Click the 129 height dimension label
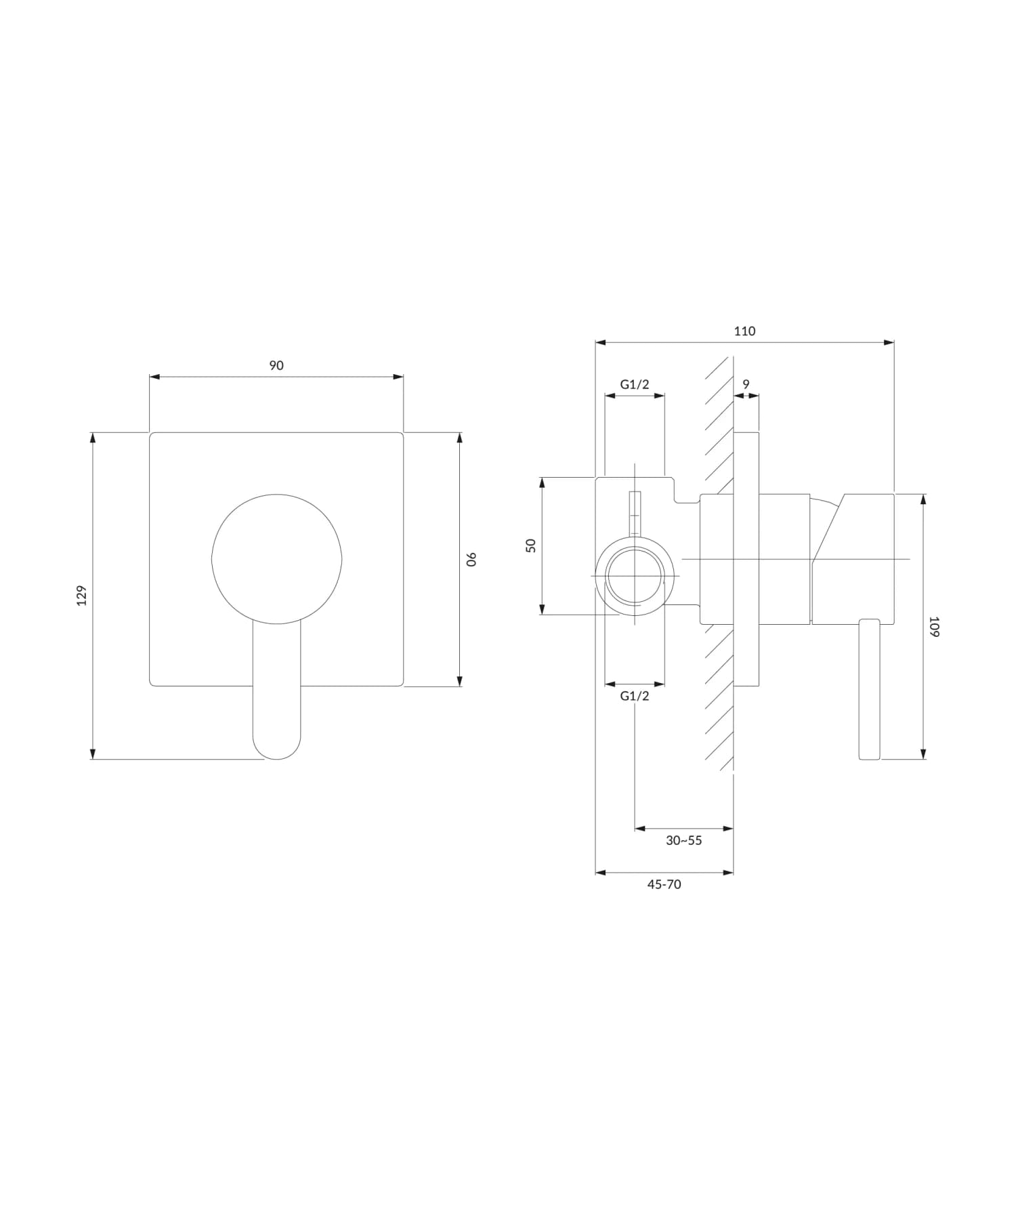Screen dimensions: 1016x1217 [x=82, y=595]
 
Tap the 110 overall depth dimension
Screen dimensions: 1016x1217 [x=744, y=331]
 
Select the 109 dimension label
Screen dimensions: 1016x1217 [x=934, y=626]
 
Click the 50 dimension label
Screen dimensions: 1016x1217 [x=531, y=545]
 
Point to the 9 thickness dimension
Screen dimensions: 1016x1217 [x=746, y=384]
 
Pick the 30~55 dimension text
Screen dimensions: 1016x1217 [x=684, y=840]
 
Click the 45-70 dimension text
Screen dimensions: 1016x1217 [x=664, y=884]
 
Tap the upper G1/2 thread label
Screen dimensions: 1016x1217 [x=635, y=384]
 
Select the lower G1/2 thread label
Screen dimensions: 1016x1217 [x=635, y=696]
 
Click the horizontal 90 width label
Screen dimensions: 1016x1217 [x=276, y=365]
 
